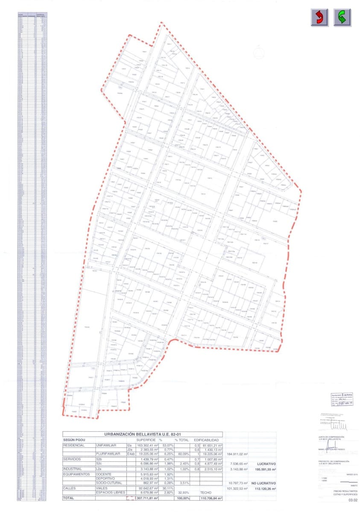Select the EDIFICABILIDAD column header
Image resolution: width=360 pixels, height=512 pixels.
pos(207,440)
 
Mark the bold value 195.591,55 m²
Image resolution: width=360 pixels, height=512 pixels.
pos(264,468)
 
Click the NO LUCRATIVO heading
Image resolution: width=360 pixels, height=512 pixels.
pos(262,483)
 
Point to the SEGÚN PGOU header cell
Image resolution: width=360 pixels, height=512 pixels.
pos(75,440)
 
